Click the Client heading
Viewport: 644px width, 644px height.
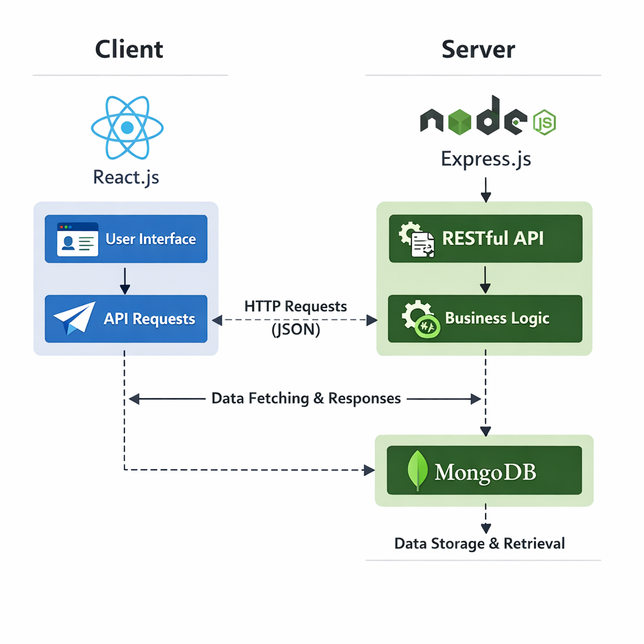point(130,49)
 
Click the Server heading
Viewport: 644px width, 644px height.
point(478,49)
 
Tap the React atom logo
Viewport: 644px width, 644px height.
point(127,128)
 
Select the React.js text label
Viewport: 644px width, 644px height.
point(126,177)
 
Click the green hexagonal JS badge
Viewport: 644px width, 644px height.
point(544,122)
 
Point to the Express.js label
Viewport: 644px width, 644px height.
point(486,158)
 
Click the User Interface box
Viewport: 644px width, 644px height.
point(126,239)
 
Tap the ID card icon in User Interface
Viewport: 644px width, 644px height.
point(77,239)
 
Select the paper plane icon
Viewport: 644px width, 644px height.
point(74,319)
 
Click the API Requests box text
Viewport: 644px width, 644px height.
point(149,319)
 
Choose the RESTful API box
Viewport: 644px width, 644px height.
point(486,238)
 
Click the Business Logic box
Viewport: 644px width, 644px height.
point(486,319)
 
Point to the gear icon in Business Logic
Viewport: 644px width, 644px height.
point(418,319)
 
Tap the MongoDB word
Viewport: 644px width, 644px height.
point(486,472)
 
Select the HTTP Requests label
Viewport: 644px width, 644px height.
point(295,306)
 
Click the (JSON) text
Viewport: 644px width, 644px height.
point(296,330)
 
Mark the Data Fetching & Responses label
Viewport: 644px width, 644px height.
point(306,398)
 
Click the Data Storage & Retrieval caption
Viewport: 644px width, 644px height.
point(479,543)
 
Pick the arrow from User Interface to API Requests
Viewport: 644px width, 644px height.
point(125,280)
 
